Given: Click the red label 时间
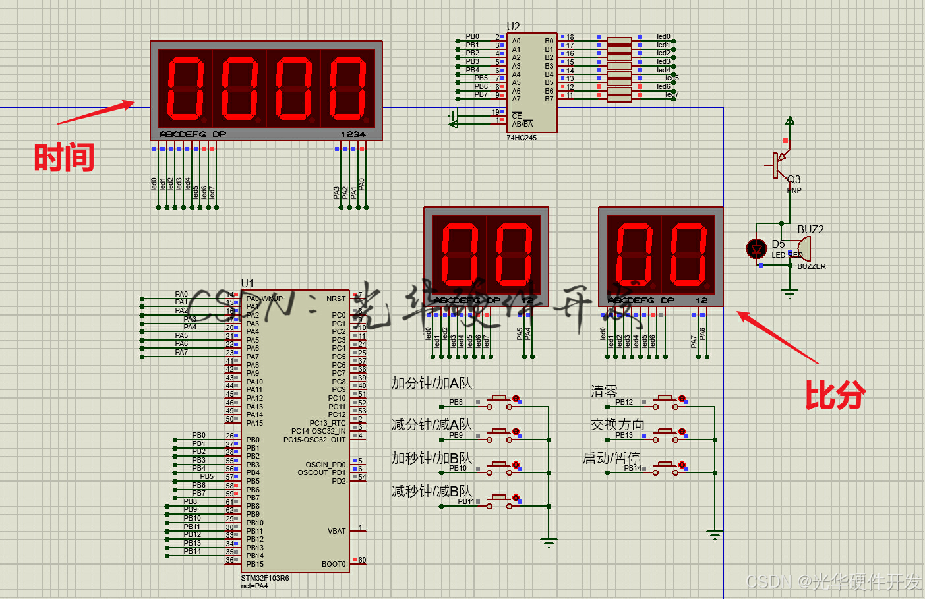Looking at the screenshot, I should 64,158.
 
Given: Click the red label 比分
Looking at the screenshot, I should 835,395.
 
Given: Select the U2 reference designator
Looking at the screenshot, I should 513,26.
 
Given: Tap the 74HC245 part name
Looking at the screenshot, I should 522,138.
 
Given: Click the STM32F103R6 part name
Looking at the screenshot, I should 265,578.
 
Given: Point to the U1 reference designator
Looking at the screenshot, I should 247,283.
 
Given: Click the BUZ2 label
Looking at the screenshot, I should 810,229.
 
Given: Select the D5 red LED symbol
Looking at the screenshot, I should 756,248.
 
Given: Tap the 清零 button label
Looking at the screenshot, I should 604,391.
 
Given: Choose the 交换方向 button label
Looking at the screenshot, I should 617,424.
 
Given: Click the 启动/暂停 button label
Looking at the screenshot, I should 611,458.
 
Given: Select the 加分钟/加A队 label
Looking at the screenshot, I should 432,383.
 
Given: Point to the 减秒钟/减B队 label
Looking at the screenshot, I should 432,491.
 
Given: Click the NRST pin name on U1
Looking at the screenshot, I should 336,299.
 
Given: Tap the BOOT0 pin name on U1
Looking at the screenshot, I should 334,564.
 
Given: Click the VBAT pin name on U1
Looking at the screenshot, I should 336,531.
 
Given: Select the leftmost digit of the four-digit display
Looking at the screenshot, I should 185,88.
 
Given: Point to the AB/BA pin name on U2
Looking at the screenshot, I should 522,124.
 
